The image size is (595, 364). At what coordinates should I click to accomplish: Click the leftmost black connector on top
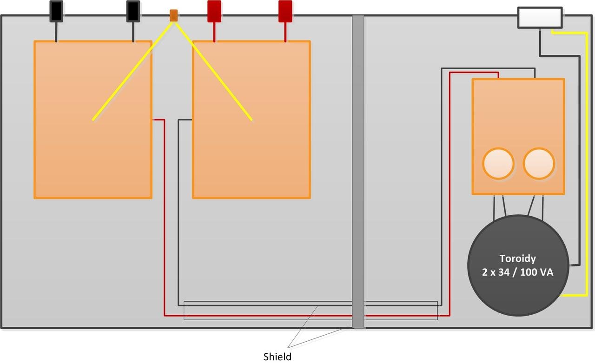[56, 11]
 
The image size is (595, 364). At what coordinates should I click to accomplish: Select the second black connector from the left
[133, 11]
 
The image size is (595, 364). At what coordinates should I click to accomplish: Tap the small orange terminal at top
[174, 15]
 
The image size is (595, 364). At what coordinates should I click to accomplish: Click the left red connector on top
[214, 11]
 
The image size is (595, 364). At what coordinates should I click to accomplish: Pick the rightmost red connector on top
[285, 11]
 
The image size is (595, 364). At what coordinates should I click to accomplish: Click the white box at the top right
[540, 18]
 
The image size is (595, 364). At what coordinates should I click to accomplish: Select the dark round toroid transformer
[518, 265]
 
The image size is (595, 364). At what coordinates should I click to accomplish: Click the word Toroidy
[518, 258]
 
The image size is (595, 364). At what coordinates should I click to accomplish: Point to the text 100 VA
[536, 272]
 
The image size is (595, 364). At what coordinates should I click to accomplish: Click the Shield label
[278, 357]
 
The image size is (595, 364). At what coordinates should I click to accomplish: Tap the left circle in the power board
[498, 163]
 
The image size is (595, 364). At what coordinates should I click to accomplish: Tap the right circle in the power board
[539, 163]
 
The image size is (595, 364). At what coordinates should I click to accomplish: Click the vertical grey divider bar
[358, 172]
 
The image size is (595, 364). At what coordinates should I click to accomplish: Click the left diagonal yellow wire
[133, 71]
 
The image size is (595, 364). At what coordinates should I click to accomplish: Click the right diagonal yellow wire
[213, 71]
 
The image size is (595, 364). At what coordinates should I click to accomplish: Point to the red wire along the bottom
[307, 316]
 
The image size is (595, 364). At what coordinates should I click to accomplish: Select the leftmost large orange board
[93, 119]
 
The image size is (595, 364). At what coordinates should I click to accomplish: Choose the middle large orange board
[251, 119]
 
